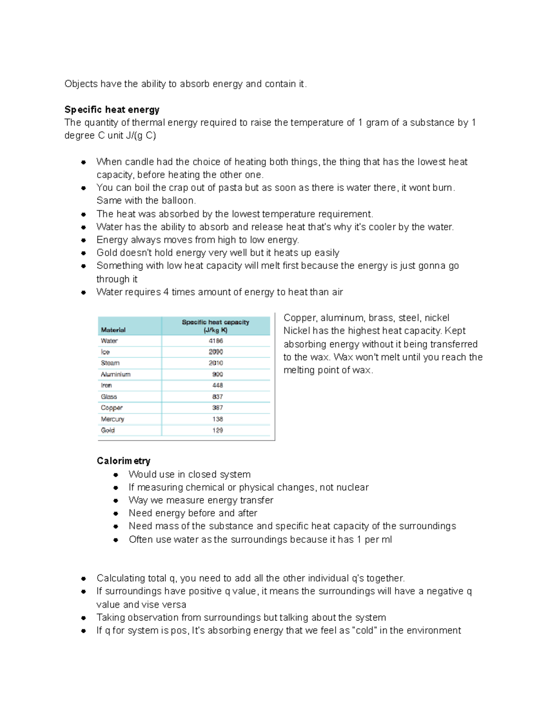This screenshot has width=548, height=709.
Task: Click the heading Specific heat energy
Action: [112, 110]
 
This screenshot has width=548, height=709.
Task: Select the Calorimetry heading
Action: [123, 461]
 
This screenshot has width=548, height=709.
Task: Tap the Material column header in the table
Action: [113, 330]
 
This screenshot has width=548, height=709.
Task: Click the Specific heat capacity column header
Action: [216, 326]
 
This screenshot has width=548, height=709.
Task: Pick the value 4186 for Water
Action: [216, 341]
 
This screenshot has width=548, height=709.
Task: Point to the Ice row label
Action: [105, 352]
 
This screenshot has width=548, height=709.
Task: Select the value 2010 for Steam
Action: [216, 363]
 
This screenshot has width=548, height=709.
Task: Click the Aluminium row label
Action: [116, 374]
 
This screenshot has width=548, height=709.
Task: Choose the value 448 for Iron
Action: [217, 385]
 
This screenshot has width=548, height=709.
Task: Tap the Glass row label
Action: [109, 397]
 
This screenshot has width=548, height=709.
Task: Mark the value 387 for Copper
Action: [217, 408]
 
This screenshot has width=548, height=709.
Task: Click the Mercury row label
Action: [112, 419]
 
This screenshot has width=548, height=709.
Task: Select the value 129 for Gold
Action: [217, 430]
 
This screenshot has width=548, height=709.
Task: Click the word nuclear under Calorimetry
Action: [350, 487]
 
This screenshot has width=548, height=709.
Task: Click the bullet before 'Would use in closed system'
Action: [116, 475]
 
